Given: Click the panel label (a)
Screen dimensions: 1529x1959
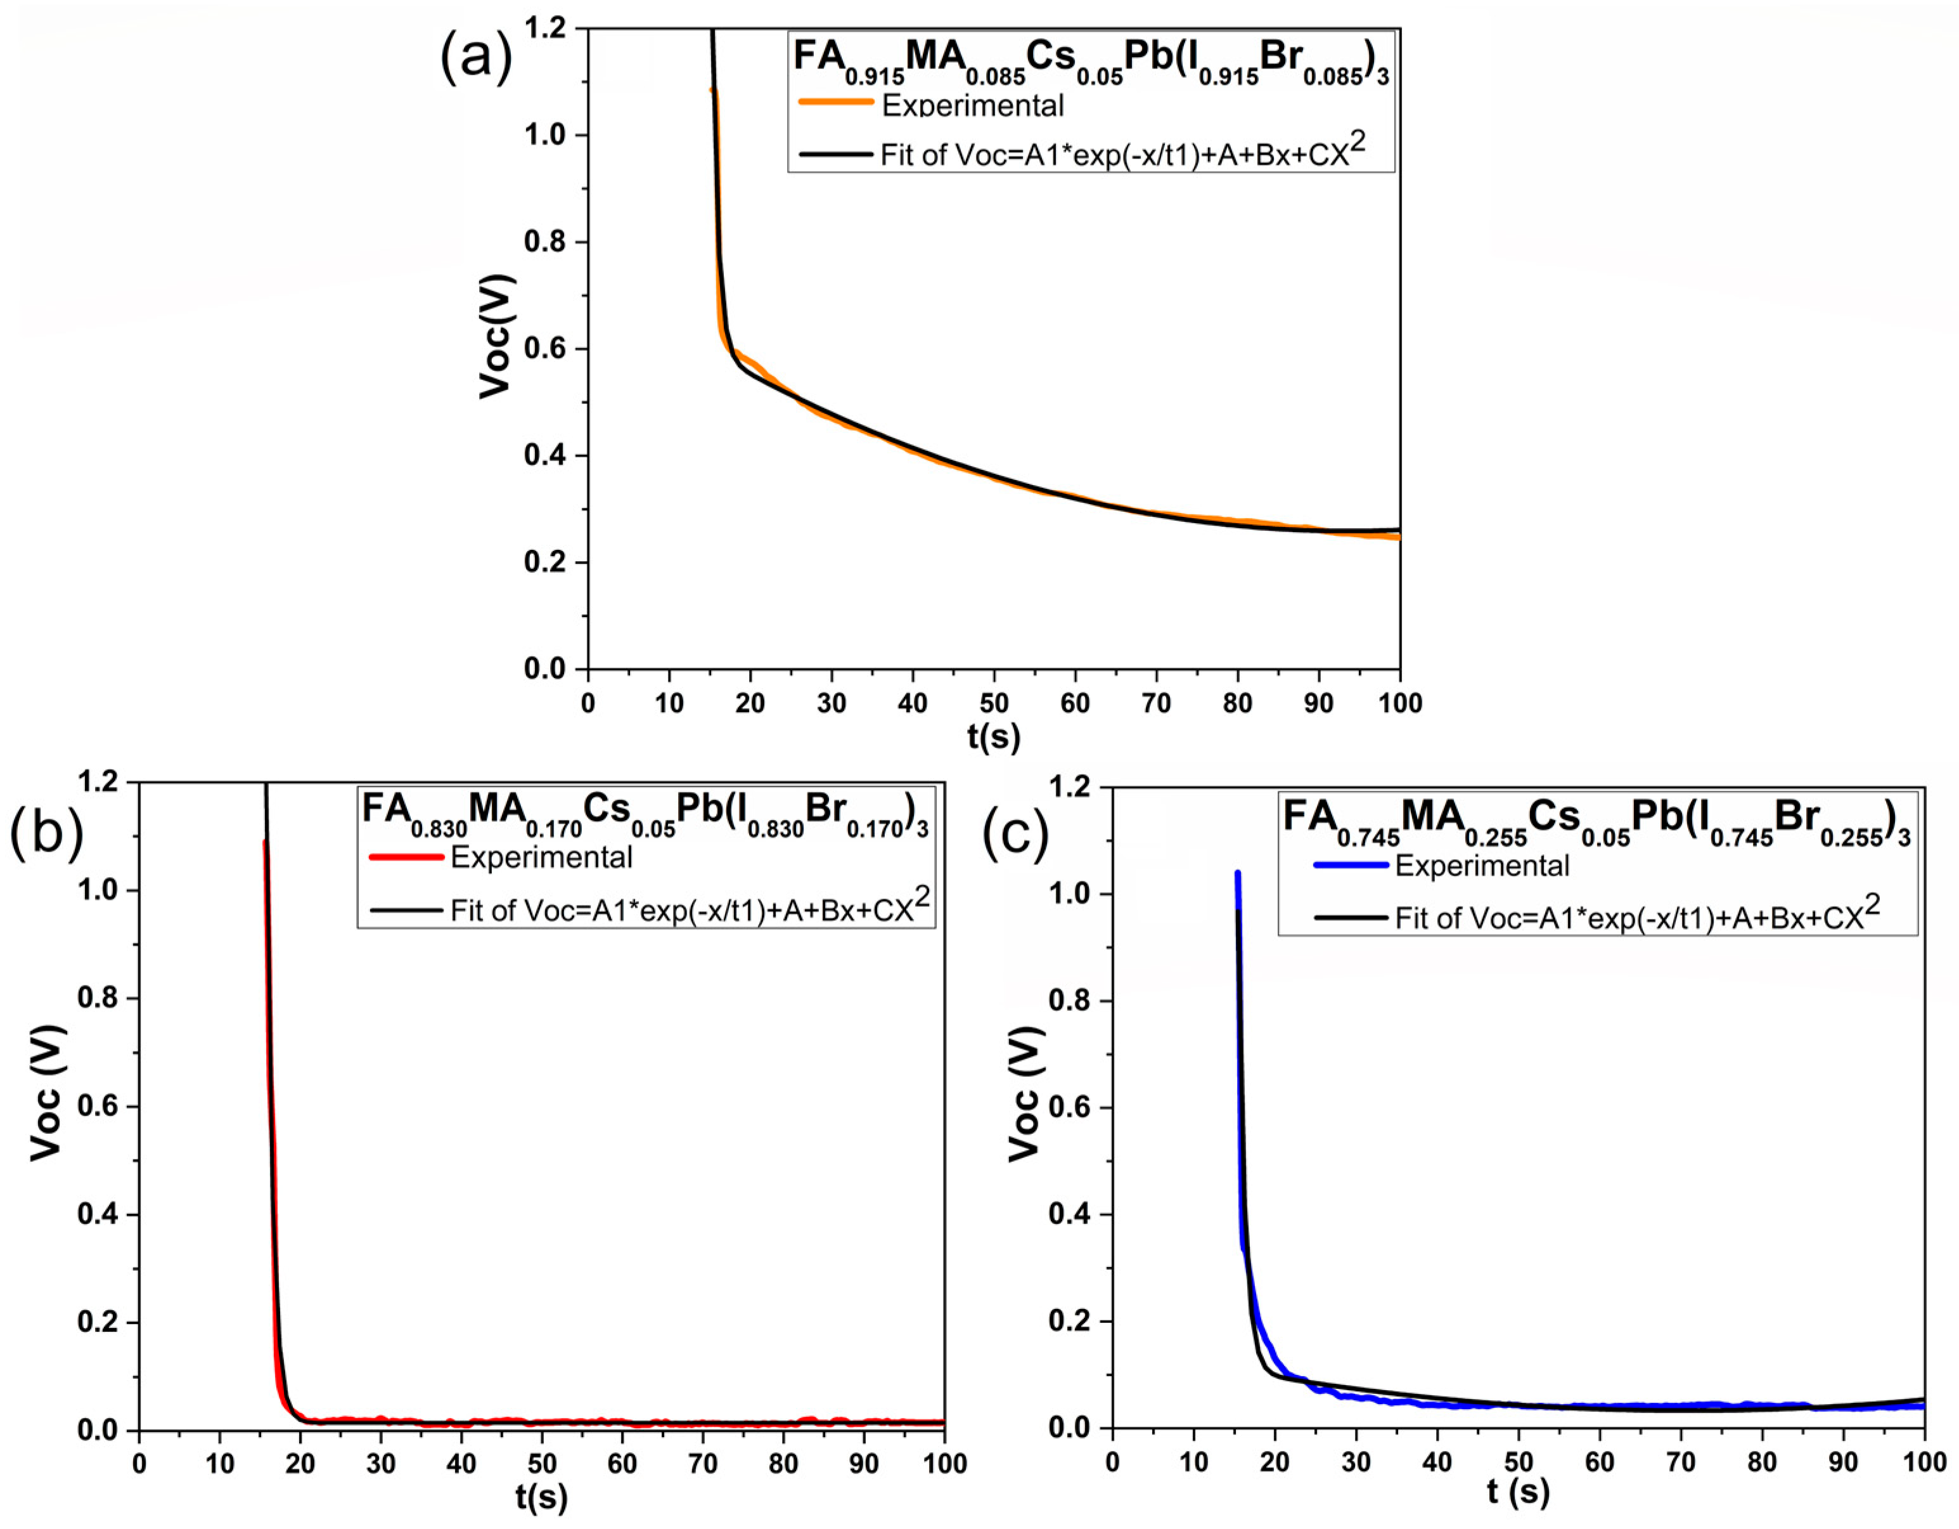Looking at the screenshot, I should point(475,56).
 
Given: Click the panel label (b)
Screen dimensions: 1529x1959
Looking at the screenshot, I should point(47,830).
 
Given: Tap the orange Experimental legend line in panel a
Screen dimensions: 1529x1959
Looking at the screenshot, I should point(836,102).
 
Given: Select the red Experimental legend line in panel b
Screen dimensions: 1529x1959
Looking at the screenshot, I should point(406,857).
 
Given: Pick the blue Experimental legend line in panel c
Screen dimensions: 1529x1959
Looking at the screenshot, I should point(1352,866).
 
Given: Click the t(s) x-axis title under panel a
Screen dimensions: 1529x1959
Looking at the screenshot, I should point(993,736).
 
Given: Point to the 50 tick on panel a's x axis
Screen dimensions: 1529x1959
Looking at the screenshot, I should point(993,703).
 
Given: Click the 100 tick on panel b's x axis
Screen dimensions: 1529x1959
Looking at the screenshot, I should point(944,1464).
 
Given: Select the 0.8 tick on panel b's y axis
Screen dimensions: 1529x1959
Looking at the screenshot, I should point(100,999).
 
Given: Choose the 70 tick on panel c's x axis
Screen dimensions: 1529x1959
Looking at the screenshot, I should point(1680,1462).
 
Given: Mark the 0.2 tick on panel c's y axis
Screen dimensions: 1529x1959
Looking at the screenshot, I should point(1070,1322).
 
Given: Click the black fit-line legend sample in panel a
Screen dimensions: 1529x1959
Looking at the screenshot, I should point(836,154).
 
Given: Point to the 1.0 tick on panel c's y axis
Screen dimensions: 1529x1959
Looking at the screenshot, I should point(1070,894).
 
